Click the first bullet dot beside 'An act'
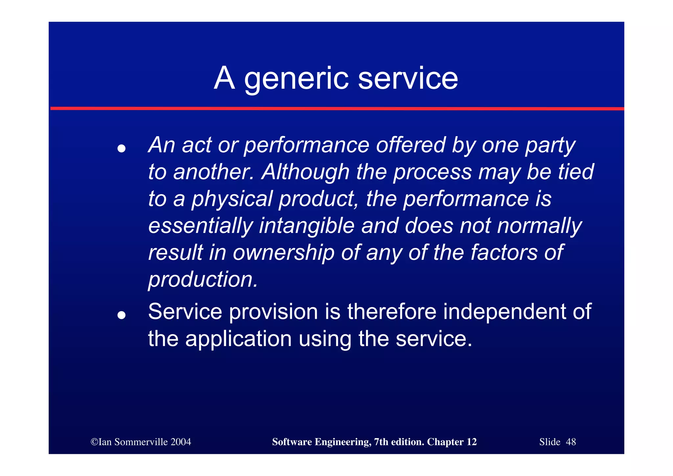[x=122, y=149]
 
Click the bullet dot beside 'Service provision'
[x=122, y=315]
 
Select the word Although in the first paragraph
[x=305, y=172]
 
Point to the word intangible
[x=307, y=226]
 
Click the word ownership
[x=284, y=253]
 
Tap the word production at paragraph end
[x=203, y=280]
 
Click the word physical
[x=232, y=199]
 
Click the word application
[x=238, y=339]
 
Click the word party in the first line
[x=550, y=145]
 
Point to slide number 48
[x=571, y=442]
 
